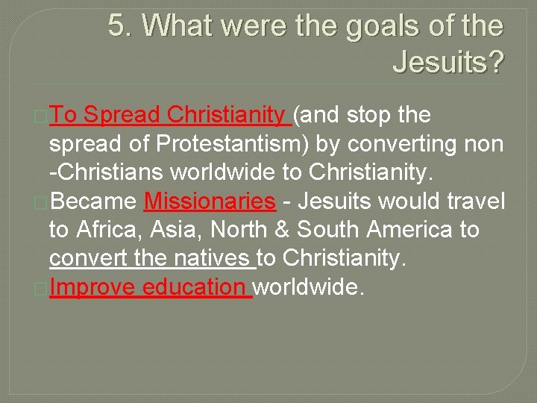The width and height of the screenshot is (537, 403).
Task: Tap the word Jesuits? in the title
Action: tap(447, 63)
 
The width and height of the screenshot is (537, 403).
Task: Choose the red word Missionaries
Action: tap(210, 202)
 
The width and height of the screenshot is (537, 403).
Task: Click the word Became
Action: tap(92, 202)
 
